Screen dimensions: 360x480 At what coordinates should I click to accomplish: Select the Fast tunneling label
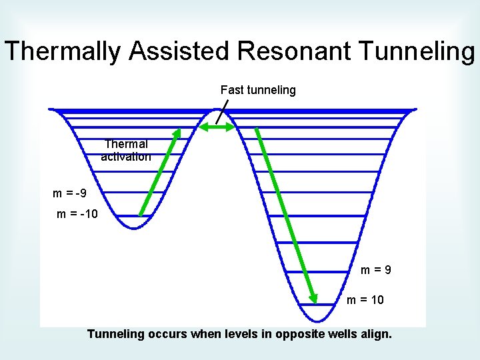(x=258, y=90)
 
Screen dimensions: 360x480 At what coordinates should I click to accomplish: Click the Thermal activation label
(x=126, y=150)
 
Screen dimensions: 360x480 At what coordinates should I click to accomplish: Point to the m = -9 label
(x=69, y=194)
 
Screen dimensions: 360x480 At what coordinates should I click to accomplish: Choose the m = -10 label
(x=77, y=214)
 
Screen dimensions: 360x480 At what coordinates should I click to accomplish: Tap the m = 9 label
(x=376, y=271)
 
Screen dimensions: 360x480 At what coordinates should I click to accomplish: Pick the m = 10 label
(x=365, y=300)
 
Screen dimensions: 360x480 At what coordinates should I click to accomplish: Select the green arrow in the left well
(x=160, y=172)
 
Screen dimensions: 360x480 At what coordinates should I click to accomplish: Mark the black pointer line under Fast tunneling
(x=222, y=111)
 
